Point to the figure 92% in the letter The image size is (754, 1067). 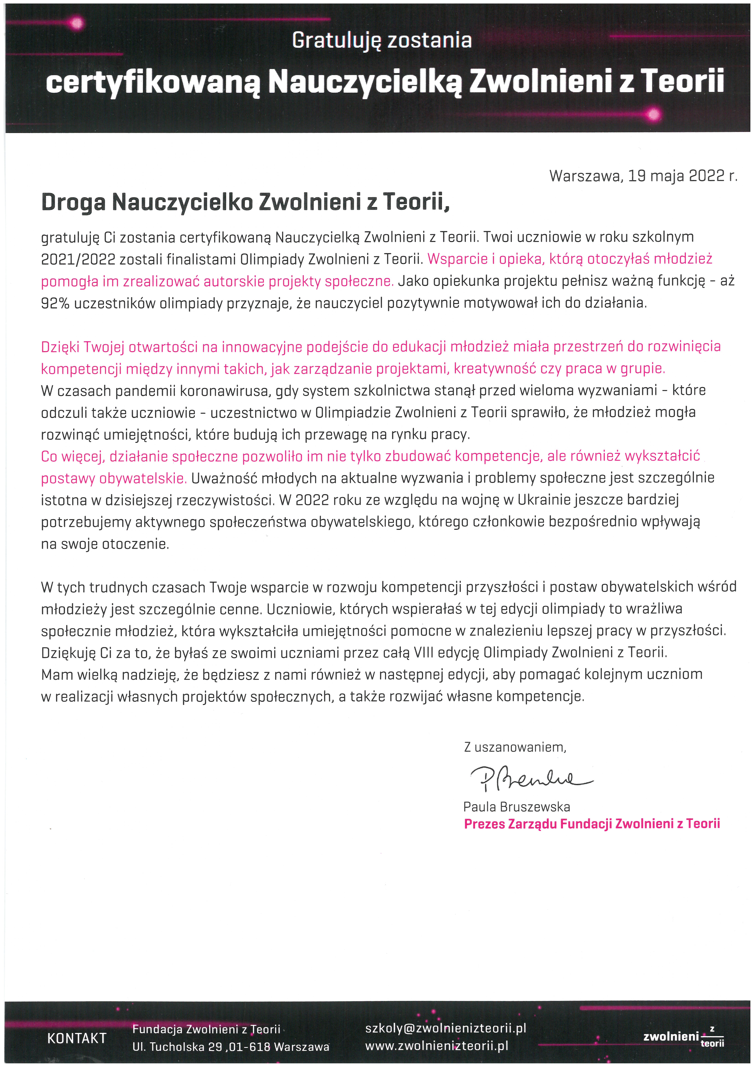point(55,303)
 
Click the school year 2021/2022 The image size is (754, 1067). point(78,259)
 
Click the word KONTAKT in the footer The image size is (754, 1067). point(77,1039)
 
